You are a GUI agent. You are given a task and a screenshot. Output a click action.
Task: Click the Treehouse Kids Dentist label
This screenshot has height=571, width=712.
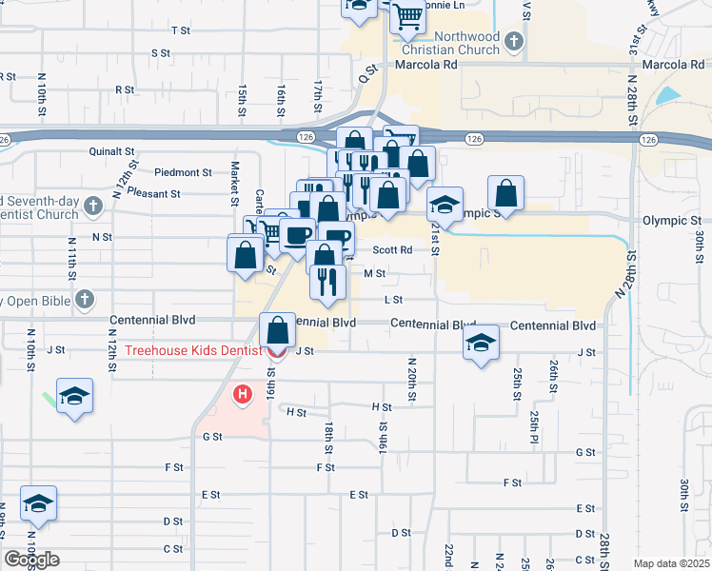click(x=193, y=351)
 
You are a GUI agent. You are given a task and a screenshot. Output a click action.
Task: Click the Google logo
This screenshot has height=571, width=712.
click(x=31, y=560)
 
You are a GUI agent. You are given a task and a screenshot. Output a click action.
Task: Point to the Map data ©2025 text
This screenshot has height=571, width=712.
click(x=671, y=563)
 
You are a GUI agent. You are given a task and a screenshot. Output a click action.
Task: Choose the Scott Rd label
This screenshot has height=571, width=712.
click(x=392, y=250)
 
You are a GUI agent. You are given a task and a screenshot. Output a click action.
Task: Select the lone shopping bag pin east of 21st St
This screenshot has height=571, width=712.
click(x=506, y=194)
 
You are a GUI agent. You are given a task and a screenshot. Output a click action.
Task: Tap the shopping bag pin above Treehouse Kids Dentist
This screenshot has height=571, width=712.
click(x=276, y=332)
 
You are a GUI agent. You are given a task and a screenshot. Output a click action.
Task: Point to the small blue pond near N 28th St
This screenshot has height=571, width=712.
click(x=669, y=96)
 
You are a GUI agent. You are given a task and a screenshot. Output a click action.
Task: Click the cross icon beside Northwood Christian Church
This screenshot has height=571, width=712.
click(x=514, y=42)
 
